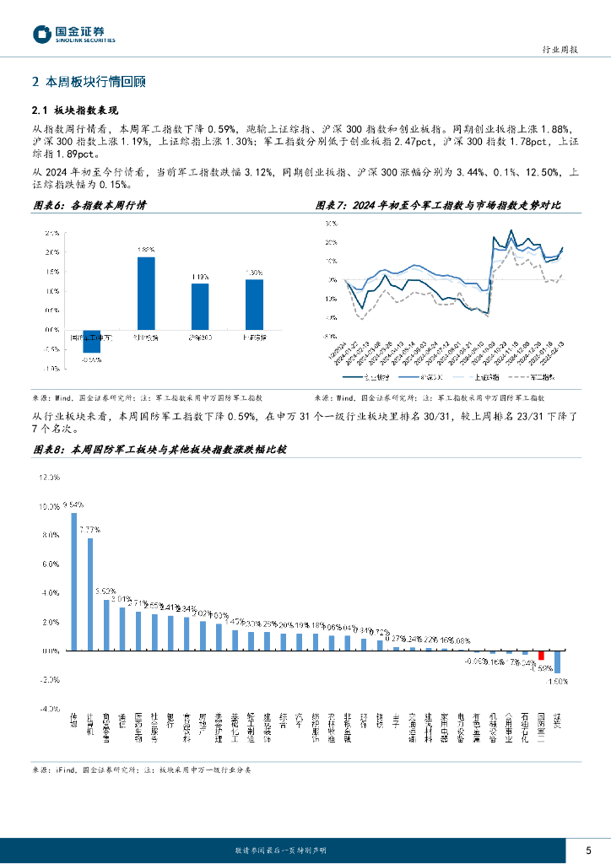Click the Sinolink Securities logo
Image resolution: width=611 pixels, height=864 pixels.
click(x=73, y=34)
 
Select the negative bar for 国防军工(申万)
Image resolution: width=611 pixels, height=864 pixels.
click(x=91, y=341)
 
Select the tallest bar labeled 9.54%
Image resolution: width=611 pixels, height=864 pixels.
click(x=74, y=581)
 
